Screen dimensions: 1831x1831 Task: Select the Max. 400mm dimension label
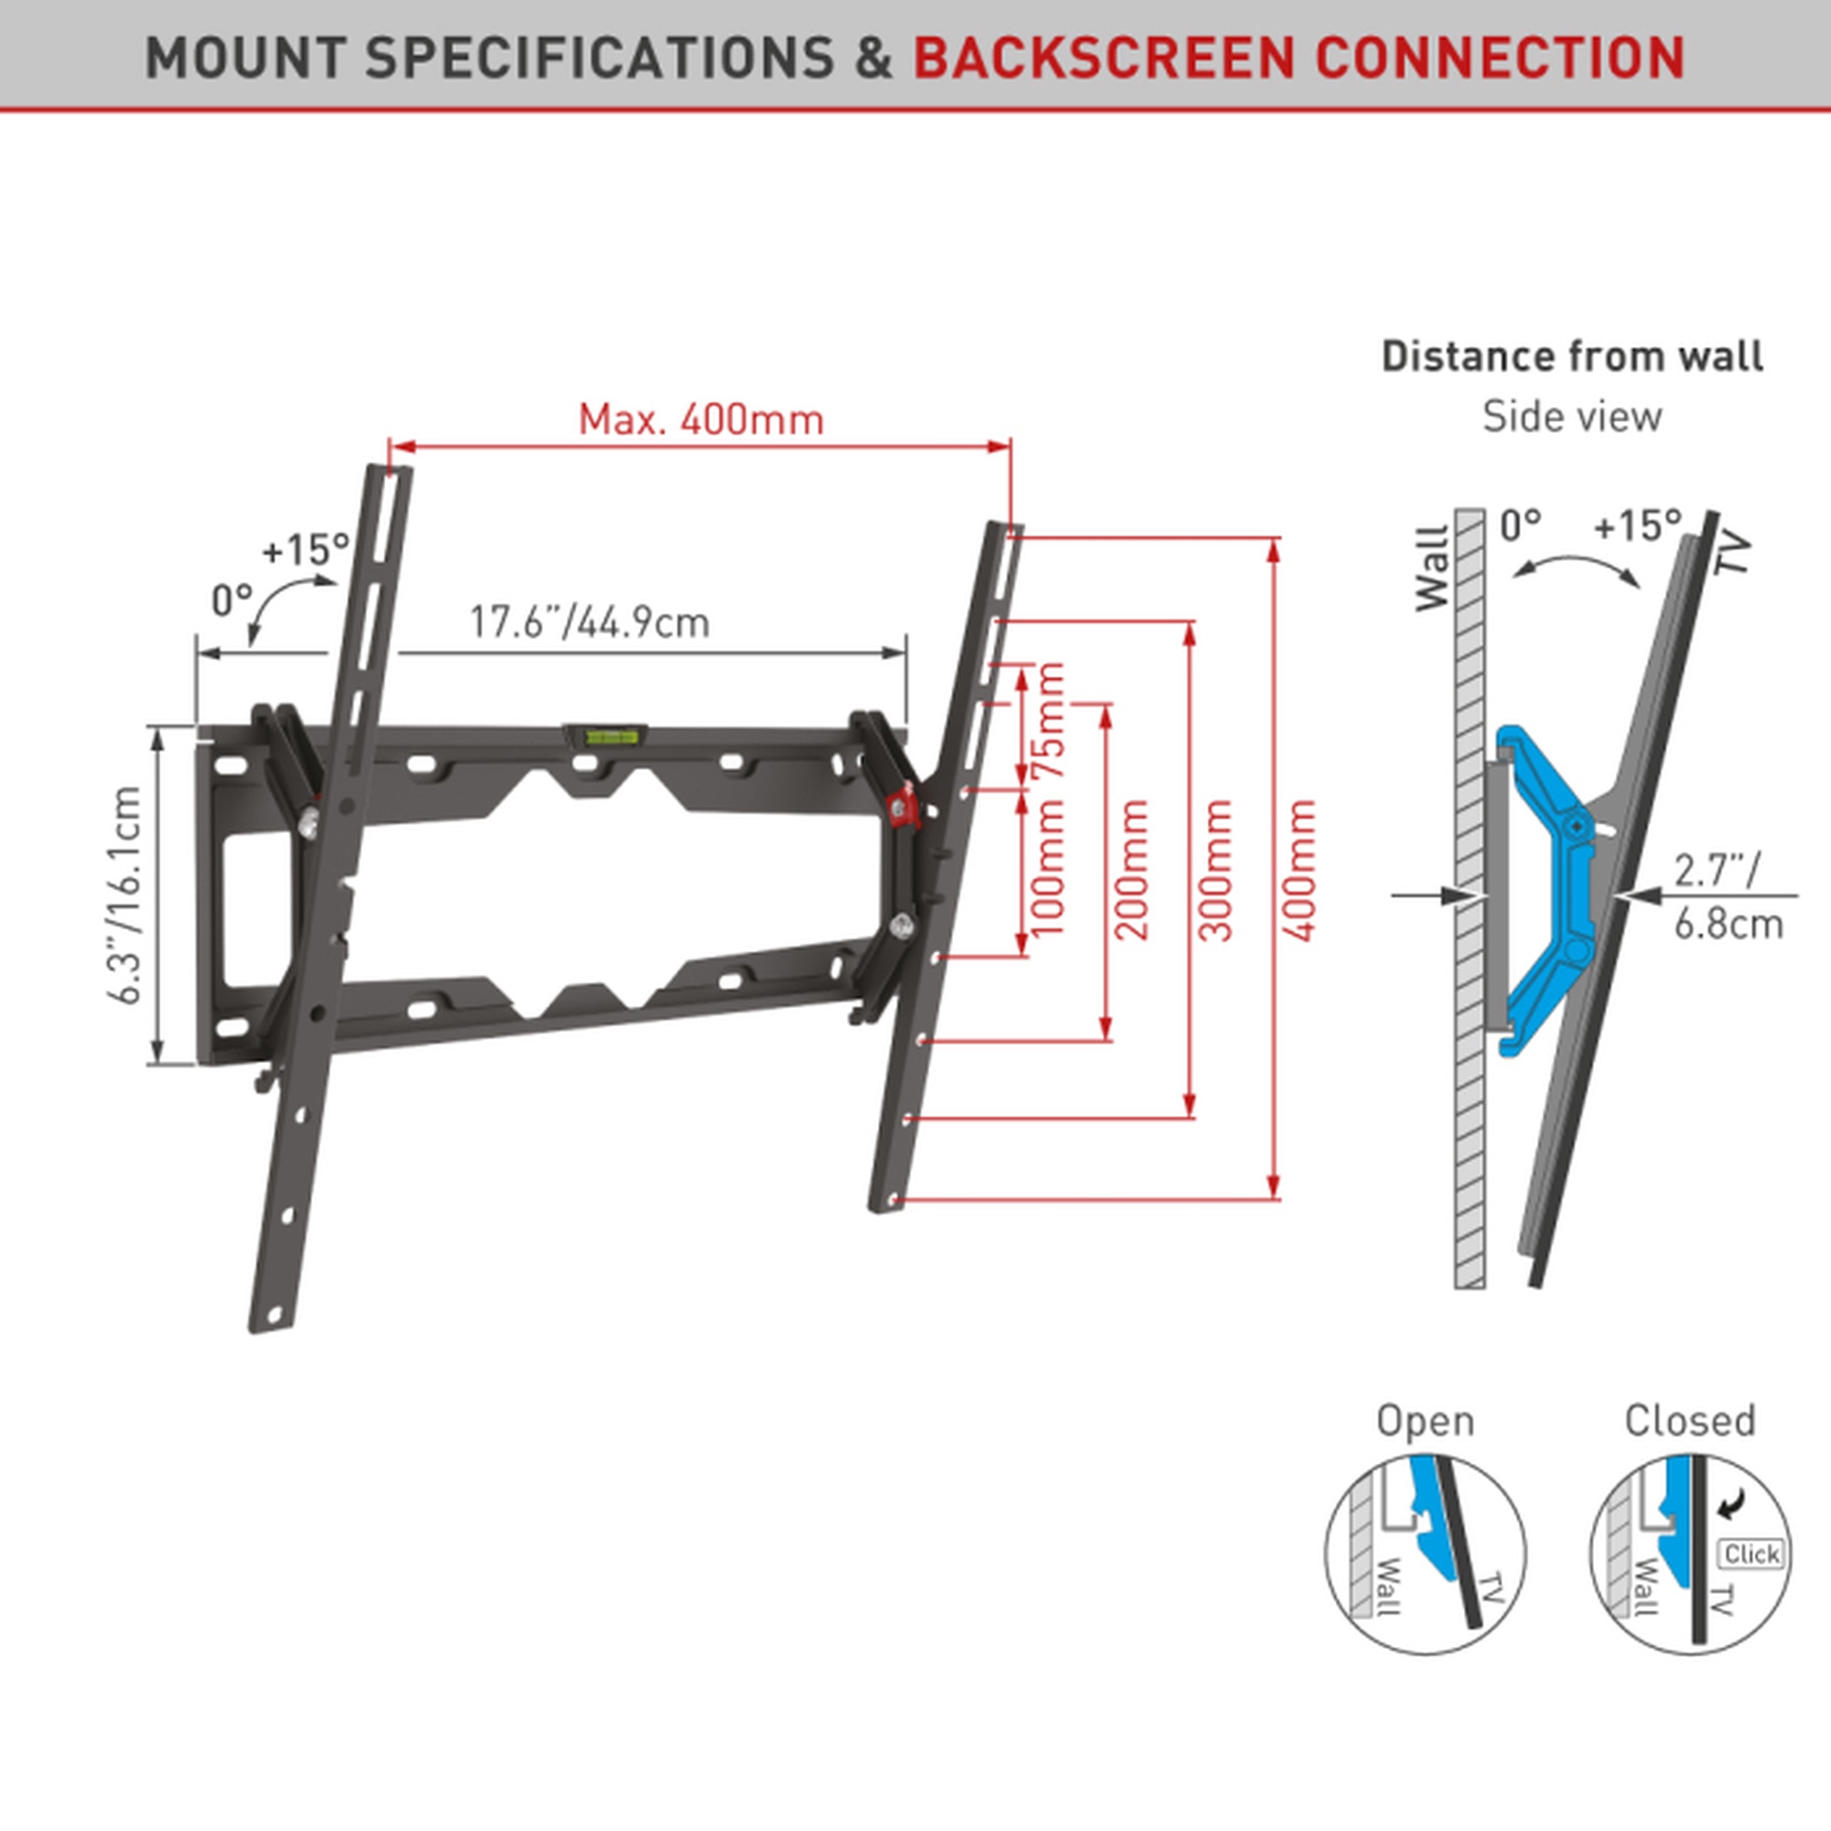700,419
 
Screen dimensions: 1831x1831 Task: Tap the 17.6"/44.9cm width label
590,623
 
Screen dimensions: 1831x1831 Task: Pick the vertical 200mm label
1133,869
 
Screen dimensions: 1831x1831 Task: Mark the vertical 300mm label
1217,869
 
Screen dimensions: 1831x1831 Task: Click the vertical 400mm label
1299,869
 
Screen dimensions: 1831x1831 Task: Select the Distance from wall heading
1571,356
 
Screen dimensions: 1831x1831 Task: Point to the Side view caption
1571,417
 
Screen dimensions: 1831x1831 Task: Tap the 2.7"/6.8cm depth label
1727,895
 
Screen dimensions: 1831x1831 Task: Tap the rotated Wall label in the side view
1433,569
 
